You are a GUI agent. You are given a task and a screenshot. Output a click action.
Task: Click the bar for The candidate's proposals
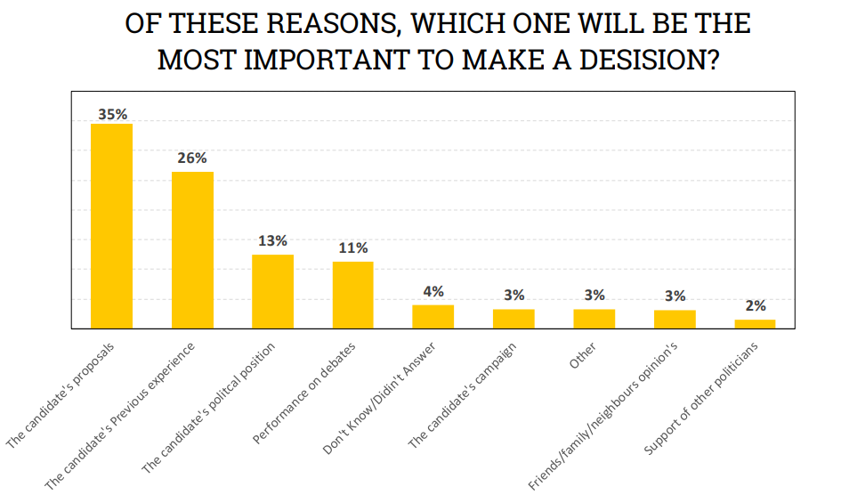click(x=112, y=226)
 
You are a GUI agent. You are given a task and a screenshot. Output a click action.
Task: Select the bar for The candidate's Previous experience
click(x=192, y=250)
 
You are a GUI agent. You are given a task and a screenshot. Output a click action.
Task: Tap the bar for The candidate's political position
click(x=272, y=291)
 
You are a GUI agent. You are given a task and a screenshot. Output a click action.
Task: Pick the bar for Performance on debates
click(x=352, y=295)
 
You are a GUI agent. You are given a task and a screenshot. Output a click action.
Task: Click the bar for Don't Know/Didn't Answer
click(x=433, y=317)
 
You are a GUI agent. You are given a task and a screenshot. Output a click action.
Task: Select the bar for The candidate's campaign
click(x=513, y=319)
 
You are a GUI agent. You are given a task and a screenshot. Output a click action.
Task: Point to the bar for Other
click(x=594, y=319)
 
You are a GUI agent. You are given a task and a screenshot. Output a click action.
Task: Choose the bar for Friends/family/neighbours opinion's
click(x=675, y=319)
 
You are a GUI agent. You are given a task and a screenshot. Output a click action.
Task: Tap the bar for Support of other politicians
click(x=755, y=324)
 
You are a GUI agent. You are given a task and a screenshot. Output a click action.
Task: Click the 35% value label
click(x=112, y=114)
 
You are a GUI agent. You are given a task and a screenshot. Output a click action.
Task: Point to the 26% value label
click(x=192, y=158)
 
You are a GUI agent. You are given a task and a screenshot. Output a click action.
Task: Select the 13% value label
click(x=272, y=240)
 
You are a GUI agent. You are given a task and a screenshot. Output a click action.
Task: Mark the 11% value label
click(x=352, y=247)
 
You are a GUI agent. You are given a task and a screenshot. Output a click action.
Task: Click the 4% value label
click(x=433, y=291)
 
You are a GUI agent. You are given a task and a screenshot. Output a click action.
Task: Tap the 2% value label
click(x=755, y=305)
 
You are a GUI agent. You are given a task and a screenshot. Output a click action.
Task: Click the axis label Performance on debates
click(x=304, y=393)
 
